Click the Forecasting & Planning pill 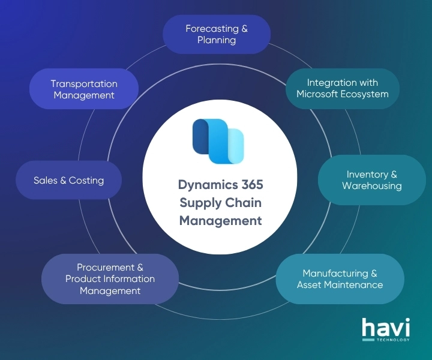coord(217,34)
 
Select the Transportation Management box coord(84,89)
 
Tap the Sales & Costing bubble coord(68,180)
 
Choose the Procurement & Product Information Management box coord(110,278)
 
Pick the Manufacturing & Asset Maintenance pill coord(340,278)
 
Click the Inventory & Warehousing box coord(372,179)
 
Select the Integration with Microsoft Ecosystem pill coord(342,88)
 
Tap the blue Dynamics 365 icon coord(218,141)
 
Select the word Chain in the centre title coord(244,203)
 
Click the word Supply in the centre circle coord(200,203)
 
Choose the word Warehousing coord(372,185)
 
